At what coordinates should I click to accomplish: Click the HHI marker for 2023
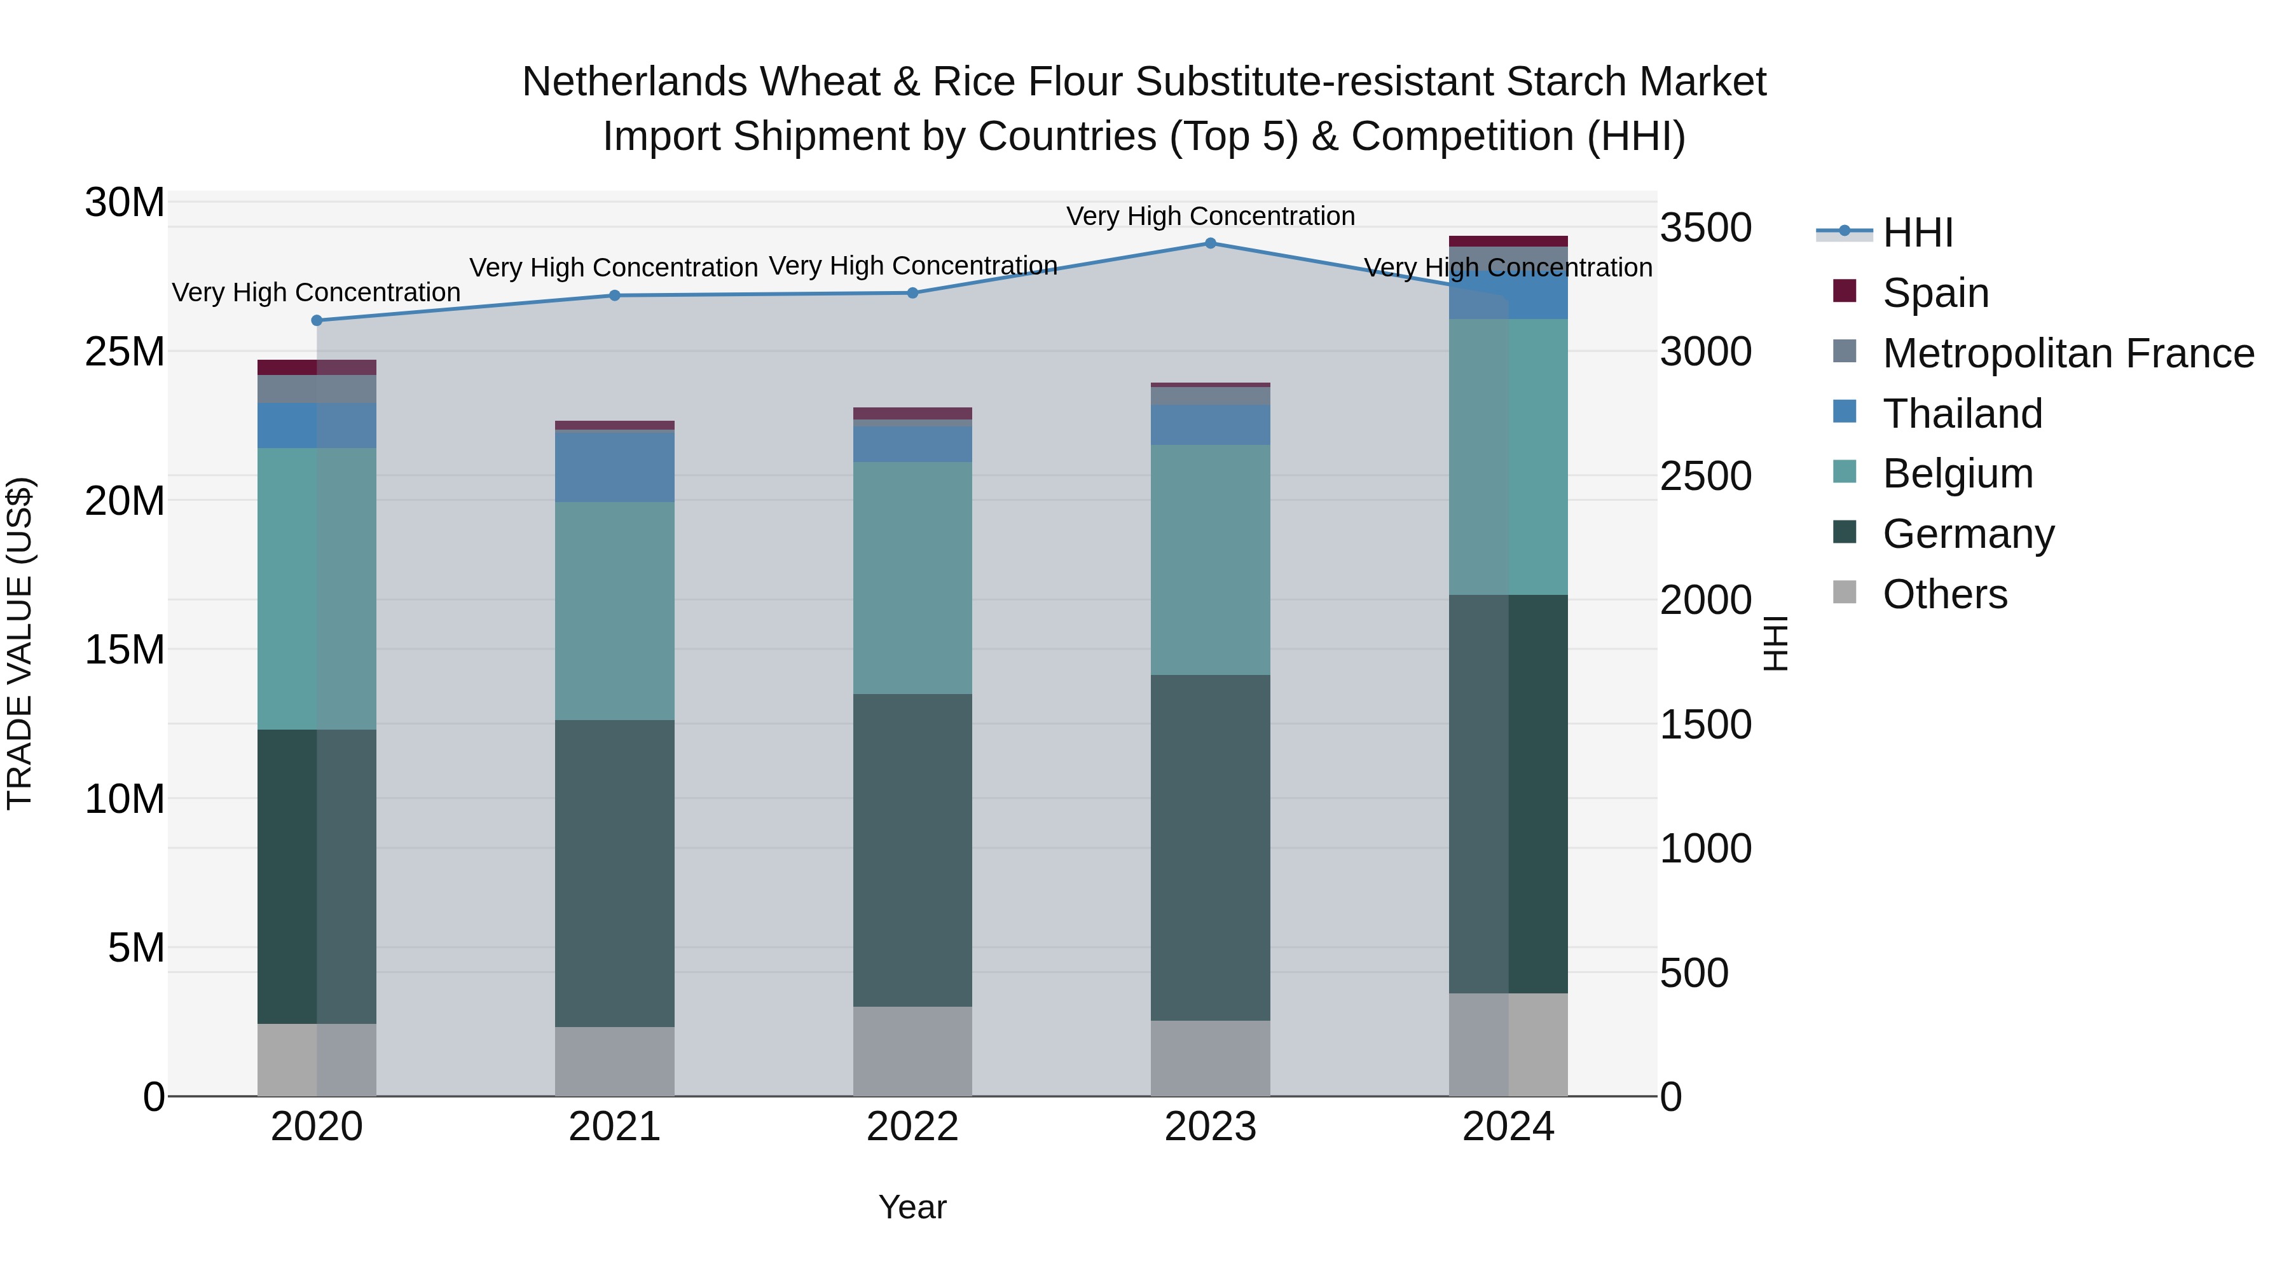coord(1210,243)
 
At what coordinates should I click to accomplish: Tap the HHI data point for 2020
coord(317,321)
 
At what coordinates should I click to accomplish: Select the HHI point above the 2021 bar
coord(615,296)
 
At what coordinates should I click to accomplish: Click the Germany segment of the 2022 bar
coord(912,850)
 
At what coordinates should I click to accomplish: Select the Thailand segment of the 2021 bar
coord(615,466)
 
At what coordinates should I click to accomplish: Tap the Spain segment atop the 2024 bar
coord(1508,242)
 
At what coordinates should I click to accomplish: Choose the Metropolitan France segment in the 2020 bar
coord(317,389)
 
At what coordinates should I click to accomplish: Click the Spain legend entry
coord(1935,293)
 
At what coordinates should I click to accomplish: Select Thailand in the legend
coord(1962,414)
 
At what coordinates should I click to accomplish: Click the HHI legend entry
coord(1918,233)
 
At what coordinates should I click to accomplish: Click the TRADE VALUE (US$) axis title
coord(20,644)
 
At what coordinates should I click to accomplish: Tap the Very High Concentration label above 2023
coord(1210,217)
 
